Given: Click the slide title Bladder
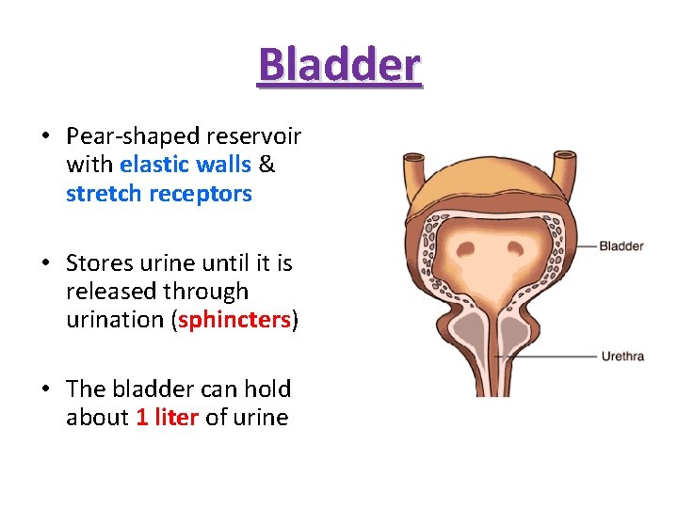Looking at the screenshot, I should tap(339, 64).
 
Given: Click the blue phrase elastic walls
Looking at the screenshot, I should tap(186, 165).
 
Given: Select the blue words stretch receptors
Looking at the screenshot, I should tap(158, 194).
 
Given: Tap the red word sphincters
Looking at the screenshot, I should tap(234, 320).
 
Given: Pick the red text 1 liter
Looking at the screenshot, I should tap(167, 418).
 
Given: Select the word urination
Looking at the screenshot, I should tap(118, 320).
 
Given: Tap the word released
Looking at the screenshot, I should tap(111, 291).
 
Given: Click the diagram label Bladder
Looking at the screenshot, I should tap(621, 246).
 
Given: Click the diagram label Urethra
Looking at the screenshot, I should tap(621, 357).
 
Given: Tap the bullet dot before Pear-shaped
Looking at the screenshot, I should tap(45, 136).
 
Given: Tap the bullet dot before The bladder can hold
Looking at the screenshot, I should tap(45, 389).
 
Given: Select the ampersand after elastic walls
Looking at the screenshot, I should tap(266, 165).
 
